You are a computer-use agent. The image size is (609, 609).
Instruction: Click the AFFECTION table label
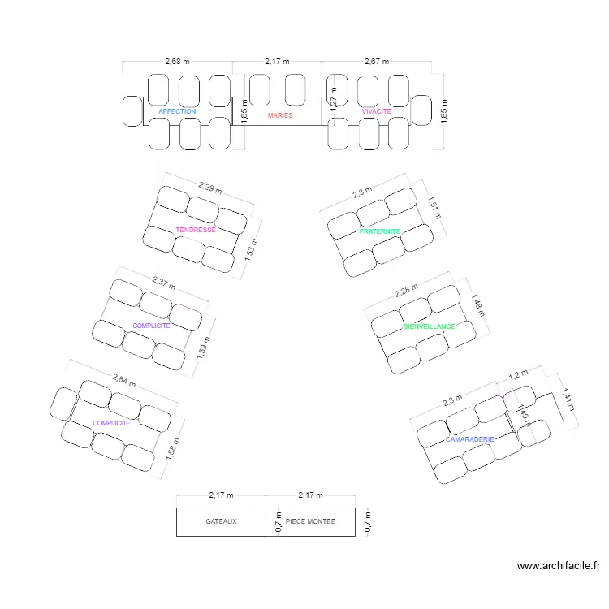click(x=177, y=111)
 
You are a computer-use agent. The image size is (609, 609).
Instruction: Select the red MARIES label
click(x=280, y=115)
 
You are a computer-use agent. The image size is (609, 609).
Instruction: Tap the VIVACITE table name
click(x=377, y=111)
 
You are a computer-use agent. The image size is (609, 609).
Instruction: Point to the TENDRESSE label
click(x=196, y=230)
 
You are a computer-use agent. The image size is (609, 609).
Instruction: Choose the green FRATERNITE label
click(x=380, y=231)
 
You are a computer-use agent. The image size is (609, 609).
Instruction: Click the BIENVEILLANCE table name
click(x=429, y=326)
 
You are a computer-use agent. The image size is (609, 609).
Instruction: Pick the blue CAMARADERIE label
click(x=470, y=439)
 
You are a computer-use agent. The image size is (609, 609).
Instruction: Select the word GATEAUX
click(x=221, y=522)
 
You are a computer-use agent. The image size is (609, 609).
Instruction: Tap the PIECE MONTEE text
click(x=310, y=521)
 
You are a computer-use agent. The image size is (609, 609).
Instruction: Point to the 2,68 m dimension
click(x=177, y=61)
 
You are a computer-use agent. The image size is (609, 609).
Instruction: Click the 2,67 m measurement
click(x=377, y=61)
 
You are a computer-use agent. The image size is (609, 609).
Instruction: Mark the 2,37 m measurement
click(x=163, y=283)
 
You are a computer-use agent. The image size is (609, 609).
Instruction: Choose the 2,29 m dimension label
click(x=209, y=188)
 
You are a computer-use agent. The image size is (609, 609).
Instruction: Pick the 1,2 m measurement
click(x=517, y=375)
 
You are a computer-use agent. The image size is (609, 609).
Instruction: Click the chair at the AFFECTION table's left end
click(x=132, y=111)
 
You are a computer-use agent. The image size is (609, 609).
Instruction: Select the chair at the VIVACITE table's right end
click(x=421, y=110)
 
